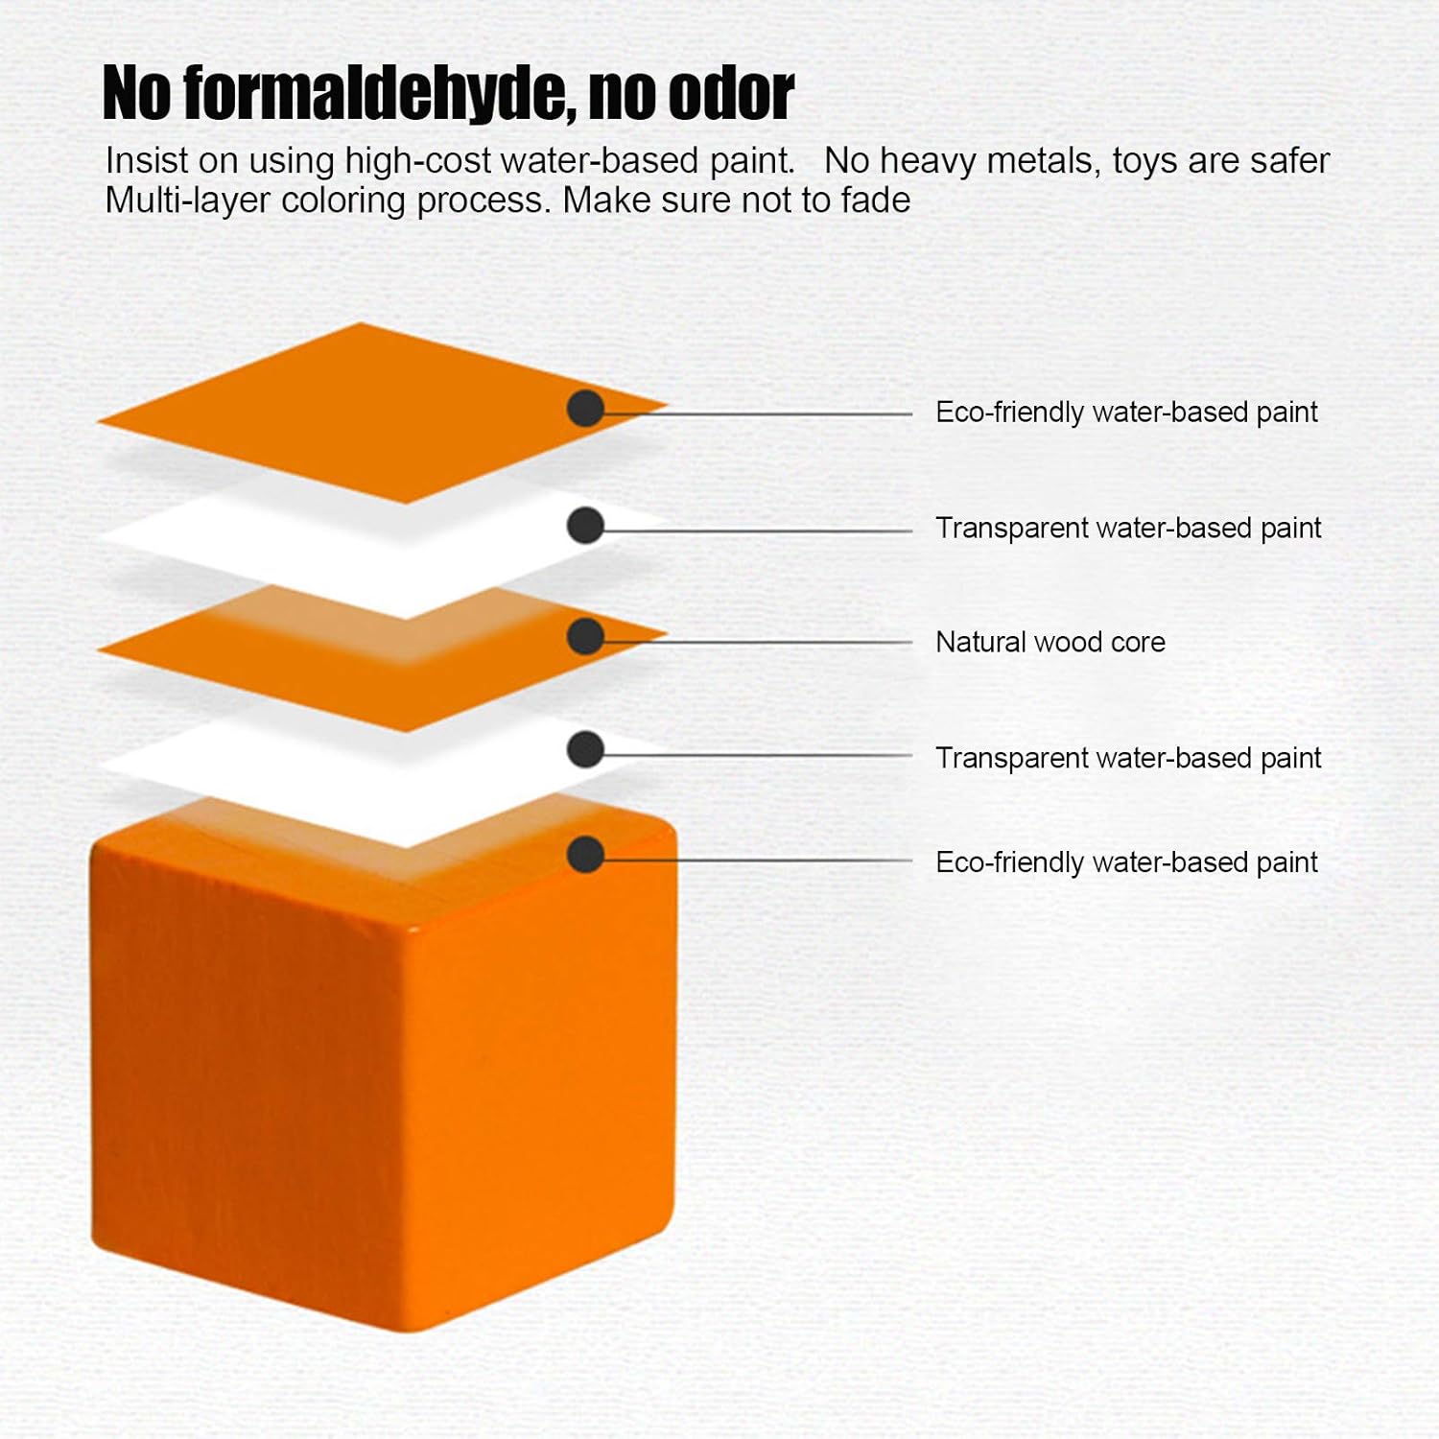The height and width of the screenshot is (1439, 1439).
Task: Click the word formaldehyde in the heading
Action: [379, 94]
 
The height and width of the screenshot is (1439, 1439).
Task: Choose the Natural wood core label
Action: [1050, 642]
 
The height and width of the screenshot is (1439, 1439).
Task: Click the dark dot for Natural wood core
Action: [585, 637]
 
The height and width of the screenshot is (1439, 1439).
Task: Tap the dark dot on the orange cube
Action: [585, 855]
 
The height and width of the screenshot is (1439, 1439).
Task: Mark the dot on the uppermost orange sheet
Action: [585, 409]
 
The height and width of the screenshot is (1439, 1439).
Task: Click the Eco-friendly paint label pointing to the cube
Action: [1126, 862]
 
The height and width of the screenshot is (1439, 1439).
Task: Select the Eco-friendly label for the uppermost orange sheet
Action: [1126, 413]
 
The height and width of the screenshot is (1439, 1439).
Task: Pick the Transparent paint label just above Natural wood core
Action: [1128, 529]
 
